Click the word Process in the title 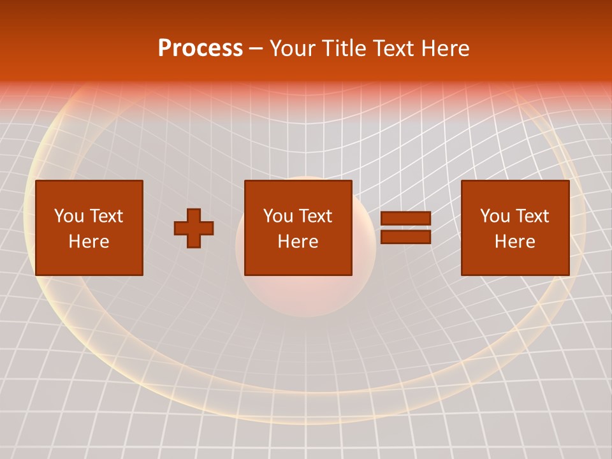tap(200, 48)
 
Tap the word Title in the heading tap(345, 48)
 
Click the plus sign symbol tap(194, 228)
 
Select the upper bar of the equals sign tap(405, 219)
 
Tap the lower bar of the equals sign tap(405, 237)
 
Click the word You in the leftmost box tap(69, 216)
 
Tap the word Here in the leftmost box tap(89, 242)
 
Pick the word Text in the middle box tap(316, 216)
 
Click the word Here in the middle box tap(298, 242)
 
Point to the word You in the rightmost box tap(495, 216)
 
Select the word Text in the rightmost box tap(532, 216)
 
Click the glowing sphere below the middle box tap(298, 296)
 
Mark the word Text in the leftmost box tap(106, 216)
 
